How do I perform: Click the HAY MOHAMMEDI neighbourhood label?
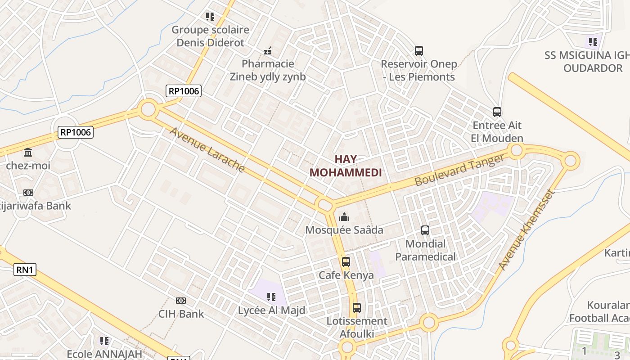(346, 166)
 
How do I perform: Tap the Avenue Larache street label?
(207, 150)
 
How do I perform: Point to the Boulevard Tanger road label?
(460, 170)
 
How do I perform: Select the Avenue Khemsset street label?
(527, 230)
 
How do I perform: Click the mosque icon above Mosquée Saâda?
(344, 217)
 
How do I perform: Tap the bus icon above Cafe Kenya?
(346, 261)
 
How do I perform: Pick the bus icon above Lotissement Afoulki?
(356, 308)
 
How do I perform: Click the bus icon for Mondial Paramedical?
(425, 230)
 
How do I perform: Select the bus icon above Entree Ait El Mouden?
(497, 112)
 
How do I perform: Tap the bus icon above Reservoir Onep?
(418, 50)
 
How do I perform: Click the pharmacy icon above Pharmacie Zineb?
(268, 51)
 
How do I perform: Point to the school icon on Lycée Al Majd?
(271, 297)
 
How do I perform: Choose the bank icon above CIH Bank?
(181, 300)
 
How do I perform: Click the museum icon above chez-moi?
(28, 152)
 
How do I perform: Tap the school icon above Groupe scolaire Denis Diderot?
(210, 17)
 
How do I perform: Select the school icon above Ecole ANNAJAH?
(104, 341)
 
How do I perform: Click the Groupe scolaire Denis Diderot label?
(210, 36)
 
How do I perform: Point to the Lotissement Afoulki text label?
(357, 328)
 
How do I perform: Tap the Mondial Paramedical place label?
(425, 250)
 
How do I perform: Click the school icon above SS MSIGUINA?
(593, 42)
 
